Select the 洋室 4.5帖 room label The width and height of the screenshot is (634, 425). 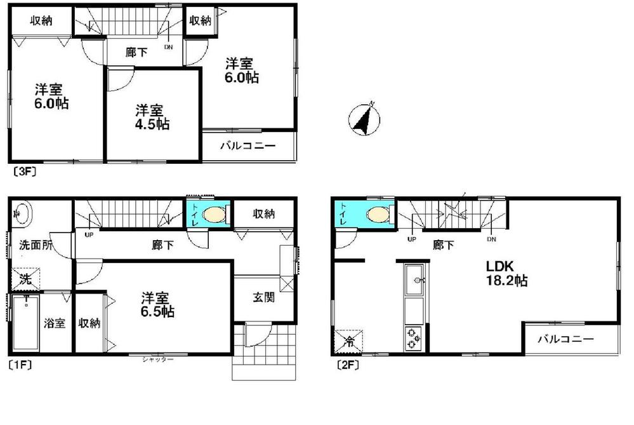tap(151, 118)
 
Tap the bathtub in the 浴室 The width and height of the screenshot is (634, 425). tap(27, 322)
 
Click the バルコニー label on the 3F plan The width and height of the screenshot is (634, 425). tap(248, 145)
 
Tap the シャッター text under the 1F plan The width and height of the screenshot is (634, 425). tap(158, 360)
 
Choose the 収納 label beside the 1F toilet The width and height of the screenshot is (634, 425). tap(262, 214)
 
